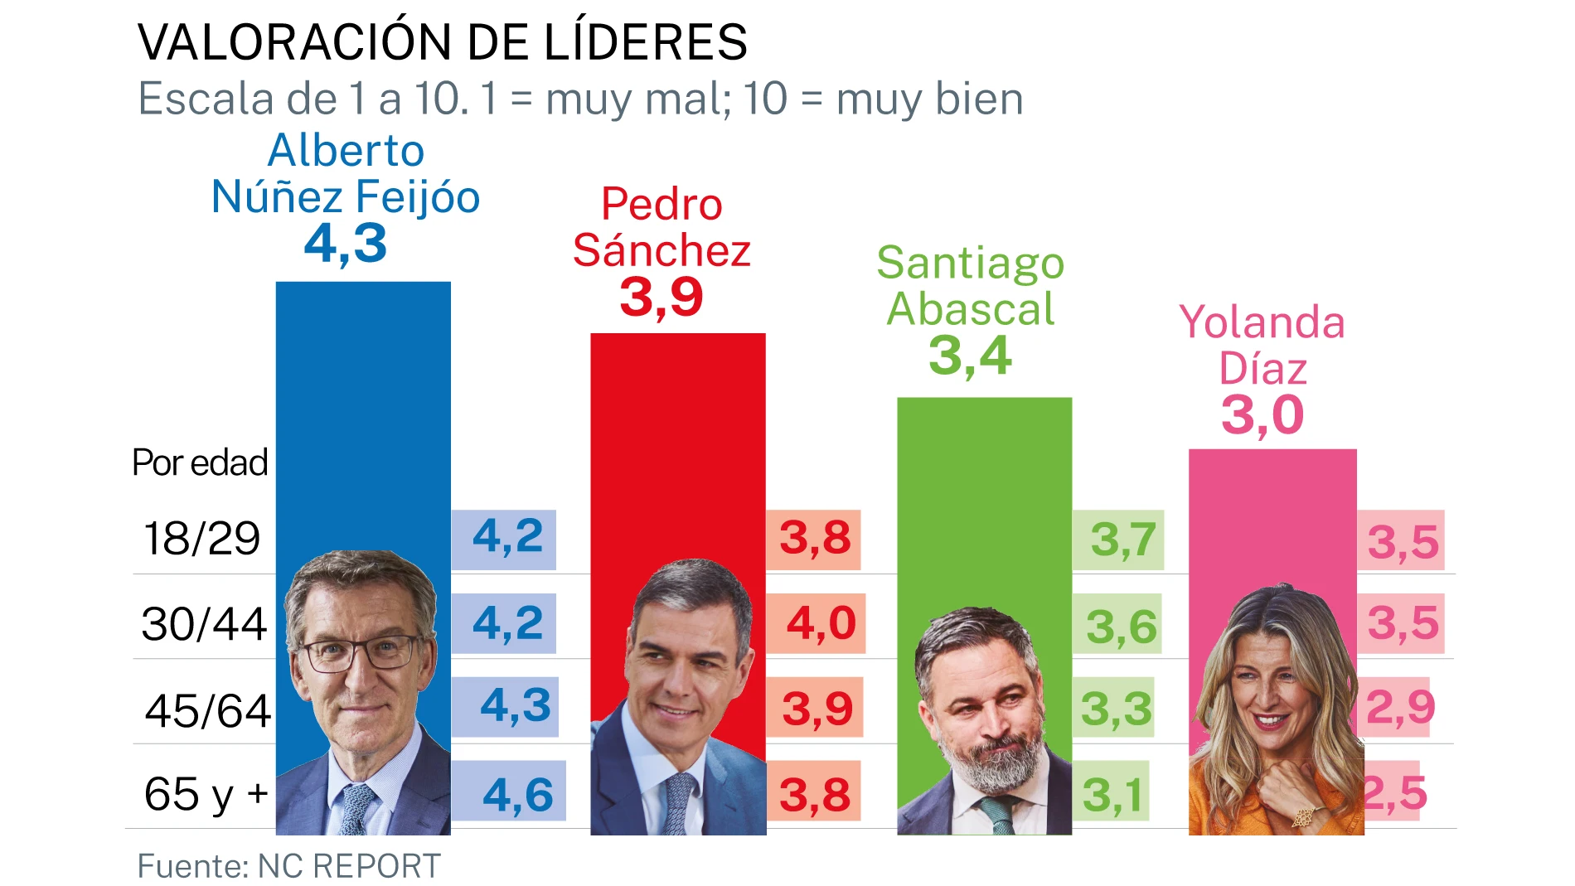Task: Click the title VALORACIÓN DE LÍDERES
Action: coord(442,42)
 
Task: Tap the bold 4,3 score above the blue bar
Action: coord(346,244)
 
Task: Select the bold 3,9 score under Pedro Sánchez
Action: coord(661,297)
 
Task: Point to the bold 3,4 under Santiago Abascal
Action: coord(969,356)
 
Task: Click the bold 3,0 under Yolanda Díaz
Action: coord(1262,415)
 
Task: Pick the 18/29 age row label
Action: coord(201,539)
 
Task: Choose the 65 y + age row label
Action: coord(206,794)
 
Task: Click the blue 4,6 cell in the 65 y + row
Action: coord(517,794)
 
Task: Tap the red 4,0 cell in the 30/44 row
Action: coord(820,623)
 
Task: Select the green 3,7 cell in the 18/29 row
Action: coord(1122,540)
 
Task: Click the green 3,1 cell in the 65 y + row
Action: coord(1112,795)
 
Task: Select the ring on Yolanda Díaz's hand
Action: coord(1302,817)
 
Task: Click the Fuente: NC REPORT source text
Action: coord(288,866)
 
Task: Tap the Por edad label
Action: coord(200,462)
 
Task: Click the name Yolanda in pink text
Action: coord(1261,322)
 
